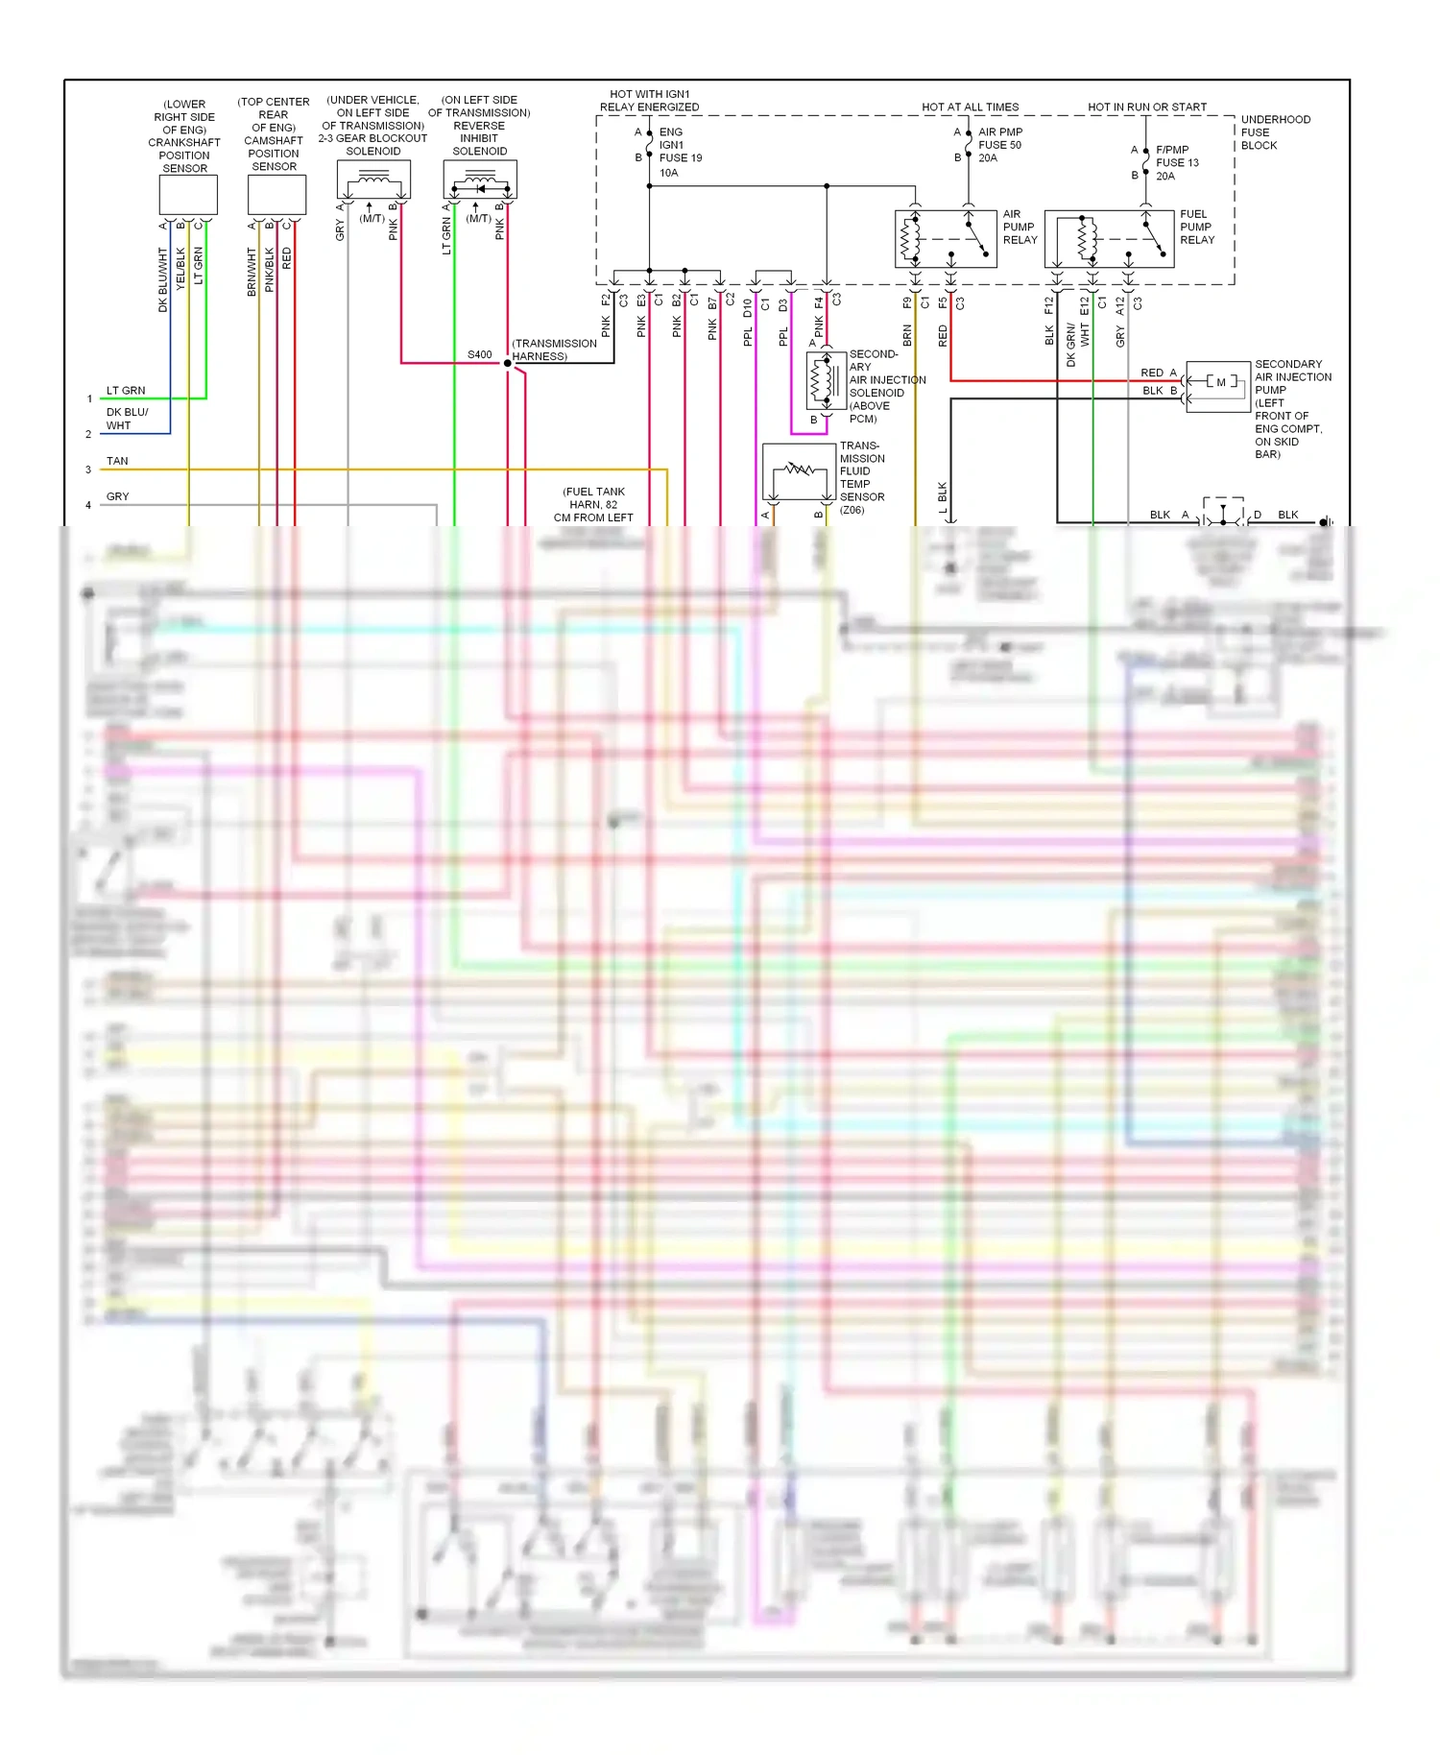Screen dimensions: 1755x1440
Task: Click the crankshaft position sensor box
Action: (x=188, y=196)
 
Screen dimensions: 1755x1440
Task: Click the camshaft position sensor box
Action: (x=276, y=195)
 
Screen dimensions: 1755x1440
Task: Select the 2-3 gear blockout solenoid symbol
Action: (x=373, y=180)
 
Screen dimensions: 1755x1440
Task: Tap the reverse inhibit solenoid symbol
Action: (x=480, y=180)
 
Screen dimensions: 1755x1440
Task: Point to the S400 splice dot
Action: (x=508, y=363)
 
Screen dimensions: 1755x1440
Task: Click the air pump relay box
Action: (x=946, y=239)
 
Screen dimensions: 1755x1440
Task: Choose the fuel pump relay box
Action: (x=1109, y=239)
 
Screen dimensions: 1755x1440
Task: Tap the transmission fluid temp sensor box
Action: (x=799, y=471)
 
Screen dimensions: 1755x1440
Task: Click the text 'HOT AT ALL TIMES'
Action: (x=971, y=108)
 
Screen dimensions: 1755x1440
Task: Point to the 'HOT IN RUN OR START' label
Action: (x=1147, y=108)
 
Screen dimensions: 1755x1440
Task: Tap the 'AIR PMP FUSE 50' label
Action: (x=999, y=145)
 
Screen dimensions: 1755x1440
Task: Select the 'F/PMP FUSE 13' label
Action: (x=1177, y=162)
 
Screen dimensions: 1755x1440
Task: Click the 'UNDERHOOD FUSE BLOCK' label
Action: (x=1274, y=132)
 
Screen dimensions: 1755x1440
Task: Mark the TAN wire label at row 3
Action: (x=117, y=461)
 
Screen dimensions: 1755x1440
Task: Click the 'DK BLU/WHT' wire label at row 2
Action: (x=126, y=419)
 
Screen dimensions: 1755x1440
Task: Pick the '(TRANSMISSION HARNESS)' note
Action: (x=554, y=349)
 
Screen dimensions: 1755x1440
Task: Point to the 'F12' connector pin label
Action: (x=1049, y=305)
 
